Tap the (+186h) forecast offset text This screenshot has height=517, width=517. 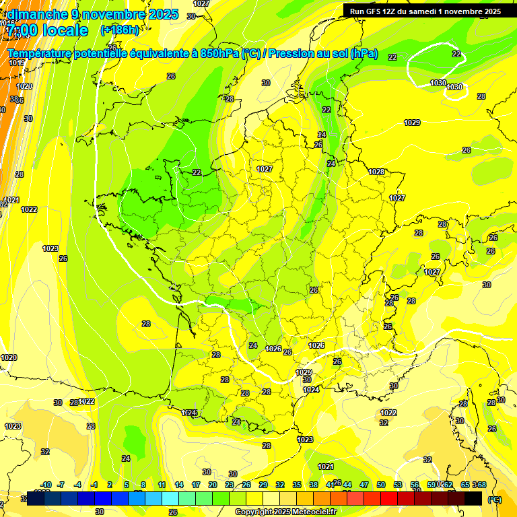click(119, 30)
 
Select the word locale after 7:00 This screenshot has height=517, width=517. click(65, 30)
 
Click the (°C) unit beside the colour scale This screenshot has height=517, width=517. click(493, 499)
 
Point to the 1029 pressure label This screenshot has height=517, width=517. click(412, 123)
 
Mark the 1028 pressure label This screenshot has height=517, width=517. click(376, 172)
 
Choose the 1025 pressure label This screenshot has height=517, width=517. click(304, 372)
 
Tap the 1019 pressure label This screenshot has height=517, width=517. click(17, 63)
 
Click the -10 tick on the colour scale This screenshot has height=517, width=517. click(46, 485)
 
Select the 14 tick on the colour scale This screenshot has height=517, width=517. click(178, 485)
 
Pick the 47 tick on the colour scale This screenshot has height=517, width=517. click(364, 485)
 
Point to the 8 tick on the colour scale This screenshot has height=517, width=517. click(143, 485)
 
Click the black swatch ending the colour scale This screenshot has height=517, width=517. click(473, 498)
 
